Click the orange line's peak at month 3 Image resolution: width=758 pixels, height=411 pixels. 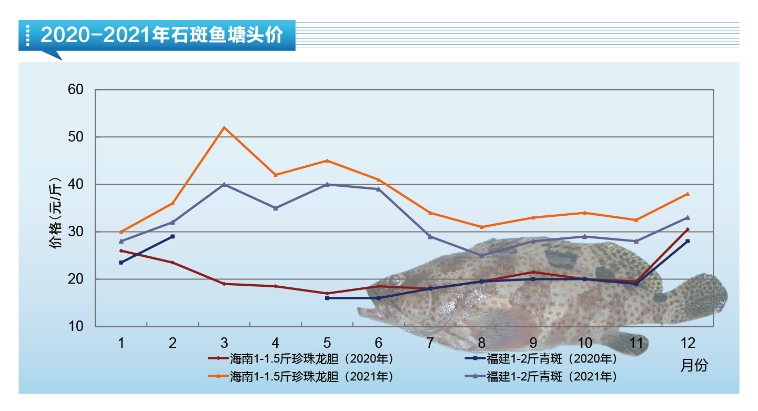[224, 127]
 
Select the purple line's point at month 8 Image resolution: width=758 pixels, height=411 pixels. [482, 255]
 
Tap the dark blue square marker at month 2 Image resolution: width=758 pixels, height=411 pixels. [173, 236]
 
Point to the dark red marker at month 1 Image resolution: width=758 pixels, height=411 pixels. [121, 250]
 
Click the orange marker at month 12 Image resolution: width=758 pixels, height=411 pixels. [688, 194]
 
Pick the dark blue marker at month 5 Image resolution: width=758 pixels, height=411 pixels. [327, 298]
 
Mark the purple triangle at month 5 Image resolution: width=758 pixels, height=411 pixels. [327, 184]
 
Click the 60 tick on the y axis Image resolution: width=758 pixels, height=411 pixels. [76, 89]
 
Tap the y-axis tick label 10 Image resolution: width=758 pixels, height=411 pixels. [76, 326]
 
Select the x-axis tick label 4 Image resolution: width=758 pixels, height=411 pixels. [276, 343]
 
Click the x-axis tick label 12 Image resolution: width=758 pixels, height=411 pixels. [688, 343]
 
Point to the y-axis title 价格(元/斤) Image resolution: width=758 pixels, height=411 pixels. [56, 213]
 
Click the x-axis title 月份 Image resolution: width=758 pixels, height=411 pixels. [694, 365]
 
